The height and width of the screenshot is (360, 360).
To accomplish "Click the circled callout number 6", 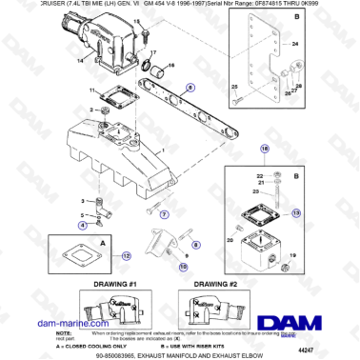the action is pyautogui.click(x=190, y=86).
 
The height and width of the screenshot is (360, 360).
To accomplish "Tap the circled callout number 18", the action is pyautogui.click(x=265, y=150).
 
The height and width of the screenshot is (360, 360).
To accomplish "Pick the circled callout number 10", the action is pyautogui.click(x=184, y=268).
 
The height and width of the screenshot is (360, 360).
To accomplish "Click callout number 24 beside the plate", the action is pyautogui.click(x=294, y=45).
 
